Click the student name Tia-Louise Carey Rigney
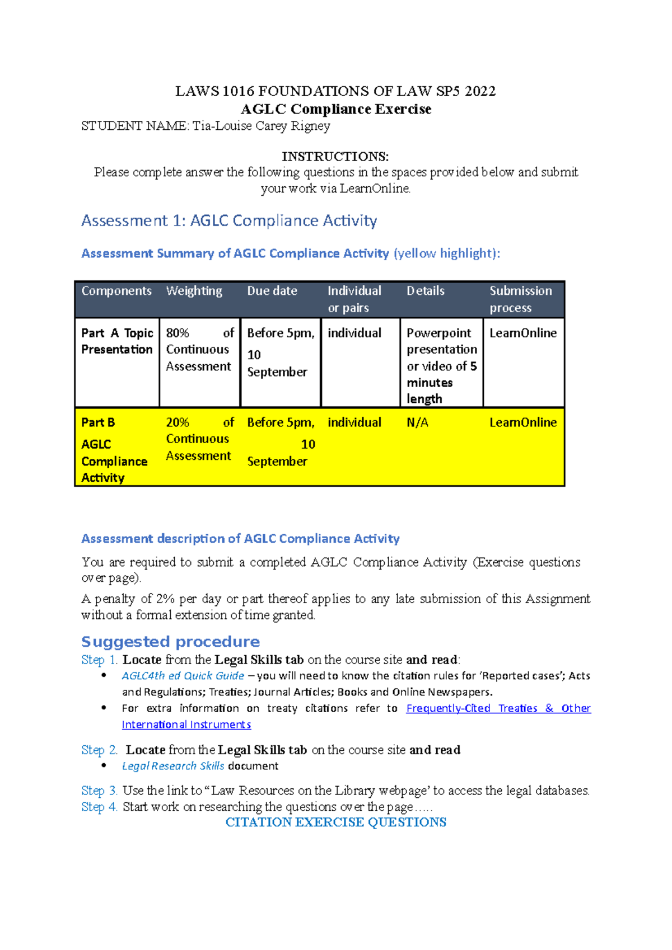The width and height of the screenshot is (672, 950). pyautogui.click(x=261, y=126)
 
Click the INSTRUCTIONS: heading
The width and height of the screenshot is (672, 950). pyautogui.click(x=335, y=157)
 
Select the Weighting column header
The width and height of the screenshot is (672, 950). pyautogui.click(x=194, y=291)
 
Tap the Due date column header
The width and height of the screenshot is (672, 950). pyautogui.click(x=272, y=291)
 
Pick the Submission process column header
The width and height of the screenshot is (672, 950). pyautogui.click(x=520, y=299)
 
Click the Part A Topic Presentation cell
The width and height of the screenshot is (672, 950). pyautogui.click(x=117, y=341)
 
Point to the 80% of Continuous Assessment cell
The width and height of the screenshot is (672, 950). pyautogui.click(x=199, y=350)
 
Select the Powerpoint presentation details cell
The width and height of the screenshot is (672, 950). pyautogui.click(x=441, y=365)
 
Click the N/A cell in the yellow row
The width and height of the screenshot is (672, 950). pyautogui.click(x=417, y=423)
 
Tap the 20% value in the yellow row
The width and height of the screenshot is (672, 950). pyautogui.click(x=178, y=423)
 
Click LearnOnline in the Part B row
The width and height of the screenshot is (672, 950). pyautogui.click(x=523, y=423)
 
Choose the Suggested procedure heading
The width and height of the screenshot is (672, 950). pyautogui.click(x=170, y=642)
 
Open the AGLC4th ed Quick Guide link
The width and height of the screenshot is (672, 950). pyautogui.click(x=183, y=676)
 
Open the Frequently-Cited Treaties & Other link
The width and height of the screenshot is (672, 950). pyautogui.click(x=498, y=708)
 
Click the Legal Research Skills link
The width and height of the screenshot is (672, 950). pyautogui.click(x=173, y=766)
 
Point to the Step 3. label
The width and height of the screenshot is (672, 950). pyautogui.click(x=99, y=791)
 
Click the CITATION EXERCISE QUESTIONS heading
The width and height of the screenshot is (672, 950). pyautogui.click(x=335, y=822)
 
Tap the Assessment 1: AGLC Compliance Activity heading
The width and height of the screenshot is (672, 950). pyautogui.click(x=229, y=221)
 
